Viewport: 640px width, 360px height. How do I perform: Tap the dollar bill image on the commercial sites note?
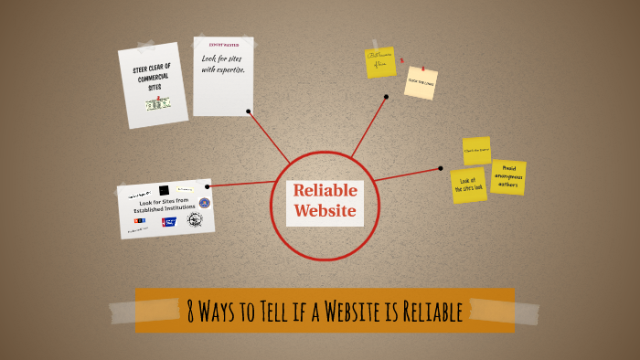pyautogui.click(x=157, y=104)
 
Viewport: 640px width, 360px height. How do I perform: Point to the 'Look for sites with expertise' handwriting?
pyautogui.click(x=223, y=64)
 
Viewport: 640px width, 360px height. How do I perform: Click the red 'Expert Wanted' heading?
pyautogui.click(x=223, y=43)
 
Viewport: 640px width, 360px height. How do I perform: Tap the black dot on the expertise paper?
pyautogui.click(x=249, y=111)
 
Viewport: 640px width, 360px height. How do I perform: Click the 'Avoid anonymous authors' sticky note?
pyautogui.click(x=507, y=177)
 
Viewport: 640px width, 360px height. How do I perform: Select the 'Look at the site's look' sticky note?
pyautogui.click(x=468, y=185)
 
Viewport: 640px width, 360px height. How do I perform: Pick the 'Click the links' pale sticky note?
pyautogui.click(x=421, y=82)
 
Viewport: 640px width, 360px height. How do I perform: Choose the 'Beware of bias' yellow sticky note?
pyautogui.click(x=380, y=61)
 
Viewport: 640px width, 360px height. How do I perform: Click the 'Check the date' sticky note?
pyautogui.click(x=476, y=150)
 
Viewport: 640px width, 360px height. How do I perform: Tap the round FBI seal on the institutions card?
pyautogui.click(x=204, y=203)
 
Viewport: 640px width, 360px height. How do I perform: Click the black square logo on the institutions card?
pyautogui.click(x=164, y=190)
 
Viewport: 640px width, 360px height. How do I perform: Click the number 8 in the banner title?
pyautogui.click(x=190, y=311)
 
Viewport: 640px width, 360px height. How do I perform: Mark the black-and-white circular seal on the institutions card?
pyautogui.click(x=194, y=220)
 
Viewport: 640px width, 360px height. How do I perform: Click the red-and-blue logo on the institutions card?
pyautogui.click(x=169, y=222)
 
